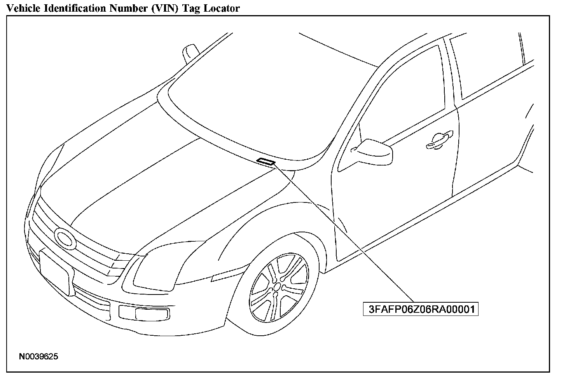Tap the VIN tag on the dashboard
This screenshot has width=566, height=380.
point(266,161)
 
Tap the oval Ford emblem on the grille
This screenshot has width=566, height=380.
point(65,239)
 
